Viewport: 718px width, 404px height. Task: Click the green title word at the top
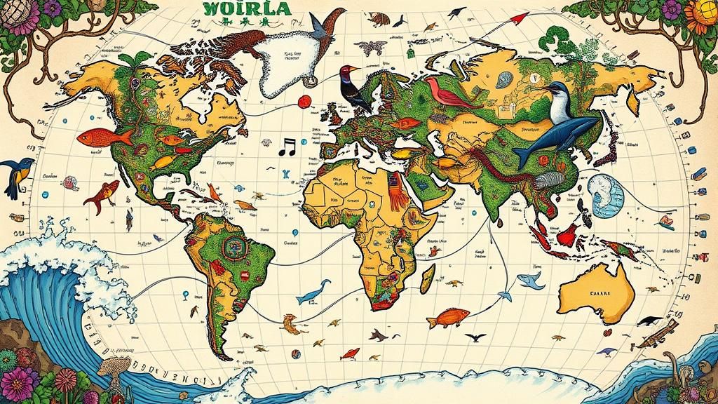244,8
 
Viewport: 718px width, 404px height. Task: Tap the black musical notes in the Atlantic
287,147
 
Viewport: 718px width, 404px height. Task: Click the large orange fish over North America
103,137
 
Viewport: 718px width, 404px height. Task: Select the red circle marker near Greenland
304,102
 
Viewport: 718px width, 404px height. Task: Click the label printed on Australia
600,293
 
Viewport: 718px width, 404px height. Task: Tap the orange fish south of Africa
448,318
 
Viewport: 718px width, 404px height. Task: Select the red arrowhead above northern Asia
520,18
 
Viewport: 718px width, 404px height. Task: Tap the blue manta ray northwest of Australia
530,282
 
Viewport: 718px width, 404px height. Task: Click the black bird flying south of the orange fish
475,337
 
